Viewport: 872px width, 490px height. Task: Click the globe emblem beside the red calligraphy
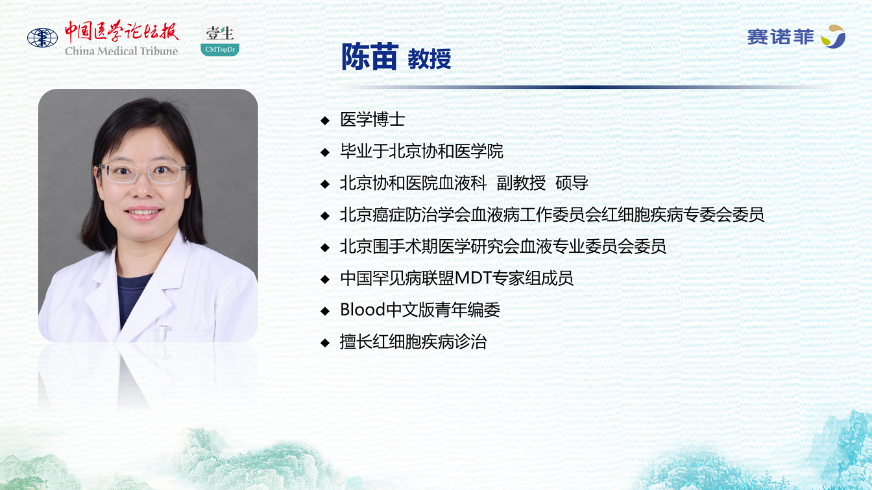[x=42, y=38]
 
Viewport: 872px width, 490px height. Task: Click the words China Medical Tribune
[x=121, y=51]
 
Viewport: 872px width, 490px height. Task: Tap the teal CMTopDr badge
[x=220, y=49]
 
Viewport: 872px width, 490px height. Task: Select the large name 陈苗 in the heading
[x=370, y=57]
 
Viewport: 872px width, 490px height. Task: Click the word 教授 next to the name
[x=430, y=59]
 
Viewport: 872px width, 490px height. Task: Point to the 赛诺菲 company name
[x=781, y=38]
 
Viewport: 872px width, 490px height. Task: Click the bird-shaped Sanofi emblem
[x=833, y=36]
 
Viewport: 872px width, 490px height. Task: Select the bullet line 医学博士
[x=372, y=119]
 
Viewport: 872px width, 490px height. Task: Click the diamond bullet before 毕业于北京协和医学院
[x=325, y=152]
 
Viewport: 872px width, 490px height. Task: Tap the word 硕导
[x=572, y=183]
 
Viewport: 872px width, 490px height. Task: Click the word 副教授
[x=521, y=183]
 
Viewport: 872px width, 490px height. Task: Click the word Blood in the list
[x=363, y=310]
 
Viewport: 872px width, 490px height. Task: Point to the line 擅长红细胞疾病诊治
[x=413, y=342]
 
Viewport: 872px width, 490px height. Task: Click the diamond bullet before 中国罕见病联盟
[x=325, y=279]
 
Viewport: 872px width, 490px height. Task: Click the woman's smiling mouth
[x=143, y=213]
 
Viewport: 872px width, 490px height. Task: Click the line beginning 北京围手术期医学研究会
[x=503, y=246]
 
